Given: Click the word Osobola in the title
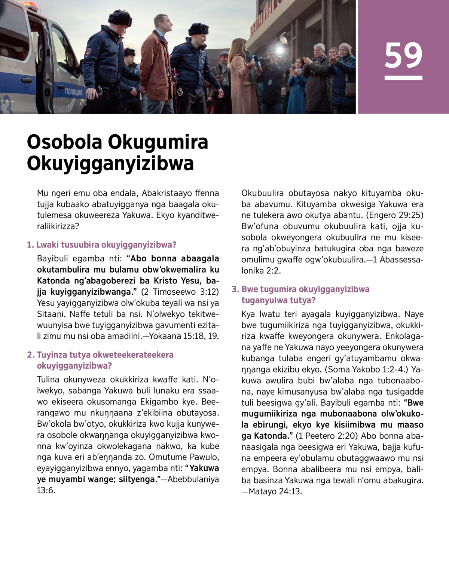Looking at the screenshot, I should [64, 142].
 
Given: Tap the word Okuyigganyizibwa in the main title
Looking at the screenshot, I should [110, 163].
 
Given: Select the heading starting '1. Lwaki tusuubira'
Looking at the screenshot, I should [102, 245].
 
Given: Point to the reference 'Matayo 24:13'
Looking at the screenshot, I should [275, 491].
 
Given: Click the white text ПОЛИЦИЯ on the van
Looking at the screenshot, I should [74, 92].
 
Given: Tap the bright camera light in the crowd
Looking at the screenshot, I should [279, 51].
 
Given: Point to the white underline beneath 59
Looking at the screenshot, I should [403, 78].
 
